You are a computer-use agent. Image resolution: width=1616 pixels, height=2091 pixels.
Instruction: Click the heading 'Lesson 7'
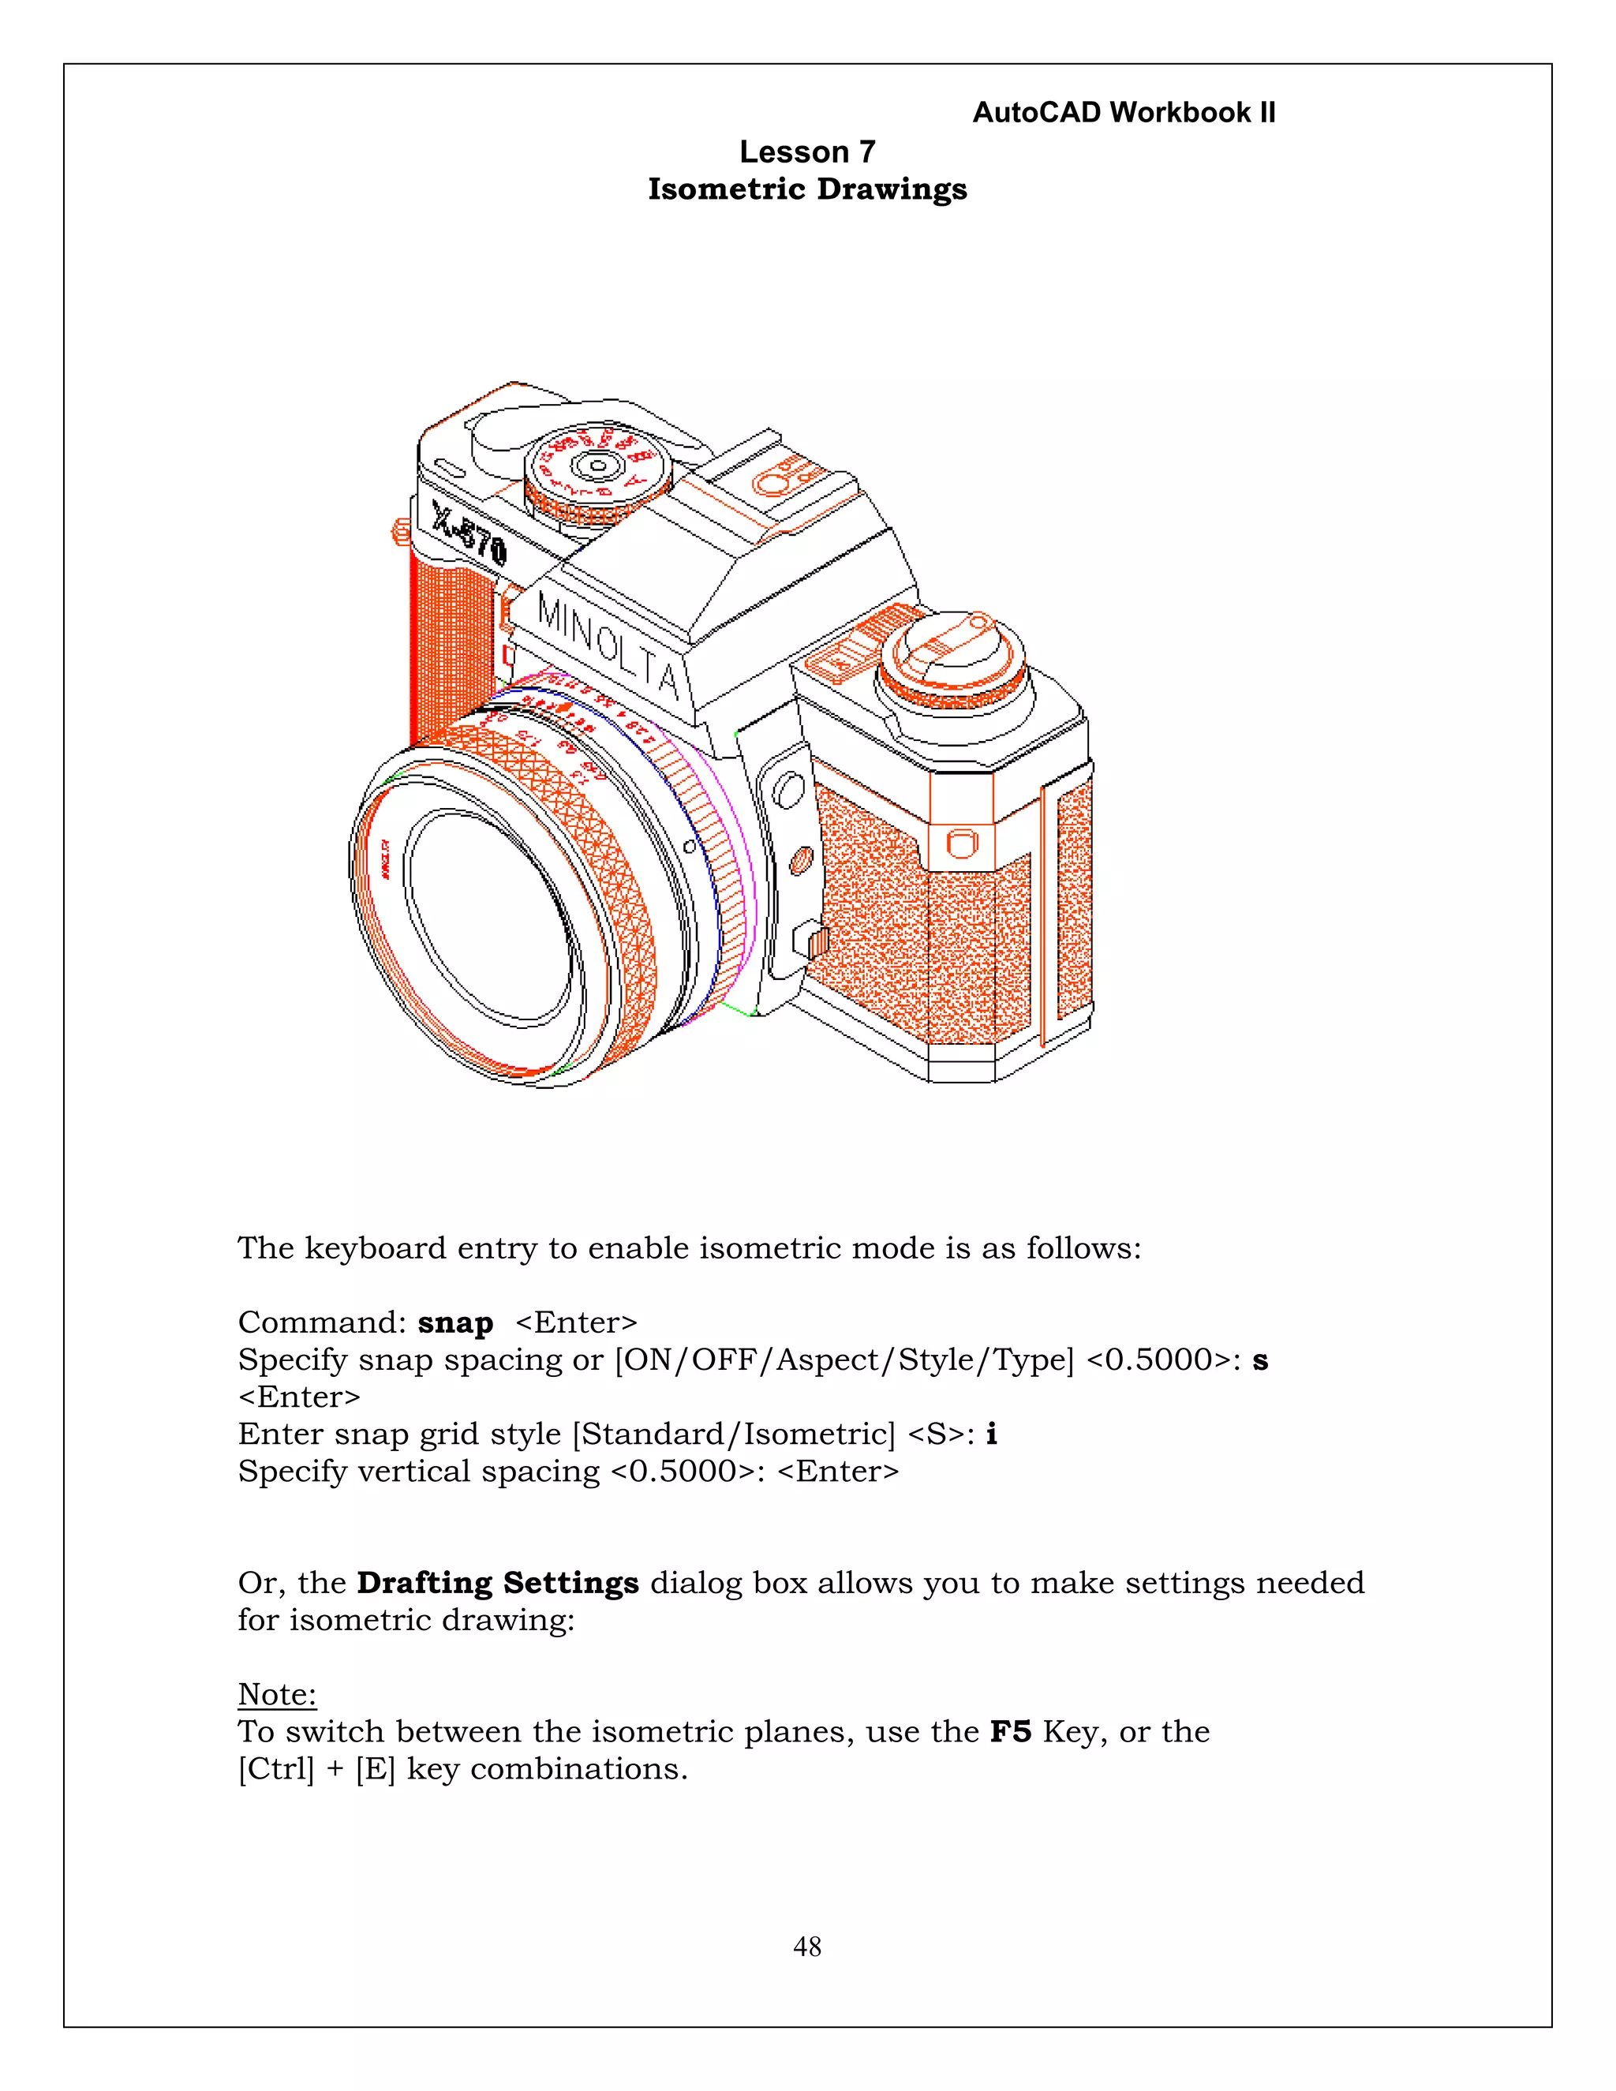click(807, 151)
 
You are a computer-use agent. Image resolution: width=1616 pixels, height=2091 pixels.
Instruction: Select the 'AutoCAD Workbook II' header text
click(1123, 112)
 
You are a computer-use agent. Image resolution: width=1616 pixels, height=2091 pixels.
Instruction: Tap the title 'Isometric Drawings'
click(807, 189)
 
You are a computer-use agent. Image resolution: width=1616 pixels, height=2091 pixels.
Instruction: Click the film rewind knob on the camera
click(952, 660)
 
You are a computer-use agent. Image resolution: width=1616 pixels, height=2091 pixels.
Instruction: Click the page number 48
click(807, 1947)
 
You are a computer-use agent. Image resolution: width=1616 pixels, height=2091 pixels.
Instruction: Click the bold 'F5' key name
click(1010, 1731)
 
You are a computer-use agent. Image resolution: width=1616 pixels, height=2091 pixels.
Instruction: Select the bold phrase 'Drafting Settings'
click(497, 1583)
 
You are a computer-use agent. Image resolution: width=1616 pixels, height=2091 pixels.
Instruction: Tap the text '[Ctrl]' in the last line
click(275, 1768)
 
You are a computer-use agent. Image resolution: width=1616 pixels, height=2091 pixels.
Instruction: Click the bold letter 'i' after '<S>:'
click(991, 1433)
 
